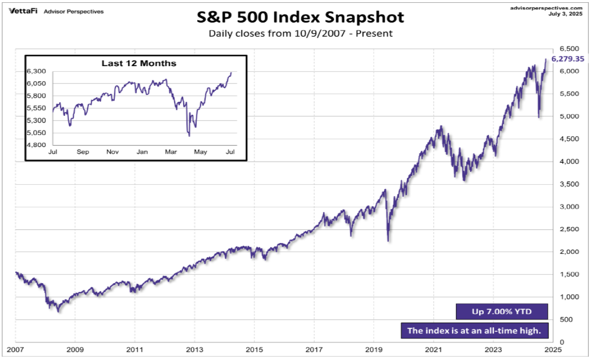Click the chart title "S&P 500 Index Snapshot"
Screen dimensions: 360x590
(300, 17)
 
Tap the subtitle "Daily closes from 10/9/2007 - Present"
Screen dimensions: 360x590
(300, 33)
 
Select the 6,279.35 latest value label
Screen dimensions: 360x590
(568, 59)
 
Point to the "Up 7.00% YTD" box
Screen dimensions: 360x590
(502, 311)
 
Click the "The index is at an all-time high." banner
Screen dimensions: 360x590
(474, 331)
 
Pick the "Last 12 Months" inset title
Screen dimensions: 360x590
(138, 63)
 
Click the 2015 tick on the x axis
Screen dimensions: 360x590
(254, 350)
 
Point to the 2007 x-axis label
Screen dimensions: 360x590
(15, 350)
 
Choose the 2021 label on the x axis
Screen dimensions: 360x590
(433, 350)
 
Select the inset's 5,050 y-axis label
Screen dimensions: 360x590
(37, 133)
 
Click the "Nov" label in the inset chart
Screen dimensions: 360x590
(112, 152)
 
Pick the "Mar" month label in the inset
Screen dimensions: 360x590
(171, 152)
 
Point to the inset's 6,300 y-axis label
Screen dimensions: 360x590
(37, 71)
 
